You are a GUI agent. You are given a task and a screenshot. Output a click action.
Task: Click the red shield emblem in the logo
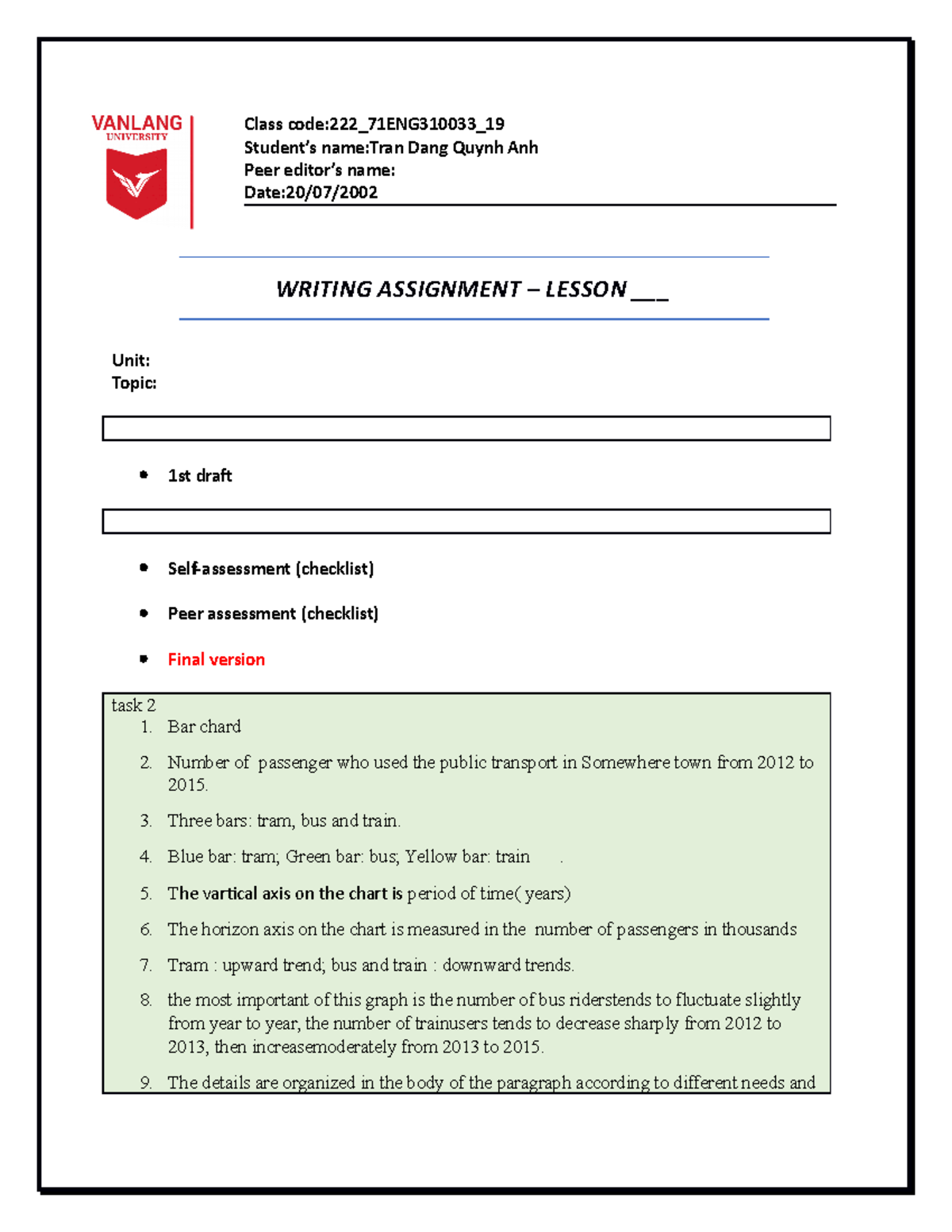coord(136,183)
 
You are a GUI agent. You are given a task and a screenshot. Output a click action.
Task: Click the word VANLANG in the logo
coord(136,123)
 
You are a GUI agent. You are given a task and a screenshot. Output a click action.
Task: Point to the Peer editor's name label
coord(319,170)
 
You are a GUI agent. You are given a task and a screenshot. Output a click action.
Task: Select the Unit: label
coord(131,360)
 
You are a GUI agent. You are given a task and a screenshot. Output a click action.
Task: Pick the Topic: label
coord(134,383)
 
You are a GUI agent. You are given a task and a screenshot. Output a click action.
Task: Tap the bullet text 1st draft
coord(200,476)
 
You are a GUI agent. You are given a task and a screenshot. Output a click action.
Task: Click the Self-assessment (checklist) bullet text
coord(271,569)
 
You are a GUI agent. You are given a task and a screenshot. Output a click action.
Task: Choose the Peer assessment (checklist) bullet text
coord(273,614)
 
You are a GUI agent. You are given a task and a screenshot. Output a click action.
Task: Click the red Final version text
coord(216,660)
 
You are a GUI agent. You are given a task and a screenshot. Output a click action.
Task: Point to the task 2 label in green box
coord(133,705)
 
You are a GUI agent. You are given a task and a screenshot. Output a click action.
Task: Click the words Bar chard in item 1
coord(204,727)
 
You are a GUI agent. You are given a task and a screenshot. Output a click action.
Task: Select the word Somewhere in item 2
coord(625,762)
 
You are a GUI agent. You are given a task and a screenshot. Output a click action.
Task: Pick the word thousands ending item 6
coord(758,930)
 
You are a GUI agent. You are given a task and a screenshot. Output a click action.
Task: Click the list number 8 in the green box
coord(146,1000)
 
